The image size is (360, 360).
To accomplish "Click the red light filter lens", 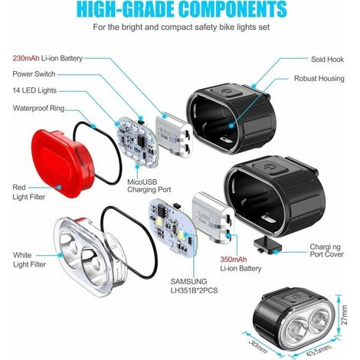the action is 62,163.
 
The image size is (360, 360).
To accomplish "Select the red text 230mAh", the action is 26,58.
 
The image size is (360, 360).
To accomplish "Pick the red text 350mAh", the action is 234,260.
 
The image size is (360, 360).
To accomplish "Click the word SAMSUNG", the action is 188,281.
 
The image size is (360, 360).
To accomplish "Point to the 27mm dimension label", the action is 345,315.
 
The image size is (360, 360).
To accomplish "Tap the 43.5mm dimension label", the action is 319,350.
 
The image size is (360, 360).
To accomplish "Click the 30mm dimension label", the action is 258,347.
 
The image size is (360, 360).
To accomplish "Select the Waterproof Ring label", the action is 38,108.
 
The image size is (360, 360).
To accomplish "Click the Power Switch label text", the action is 34,74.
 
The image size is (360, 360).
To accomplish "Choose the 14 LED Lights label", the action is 34,90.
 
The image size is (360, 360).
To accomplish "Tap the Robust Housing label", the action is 319,78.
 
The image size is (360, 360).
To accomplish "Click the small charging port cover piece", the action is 267,244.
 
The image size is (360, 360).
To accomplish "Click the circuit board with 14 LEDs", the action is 138,142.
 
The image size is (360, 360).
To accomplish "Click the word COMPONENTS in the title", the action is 233,10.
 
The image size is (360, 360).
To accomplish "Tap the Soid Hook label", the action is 327,59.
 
